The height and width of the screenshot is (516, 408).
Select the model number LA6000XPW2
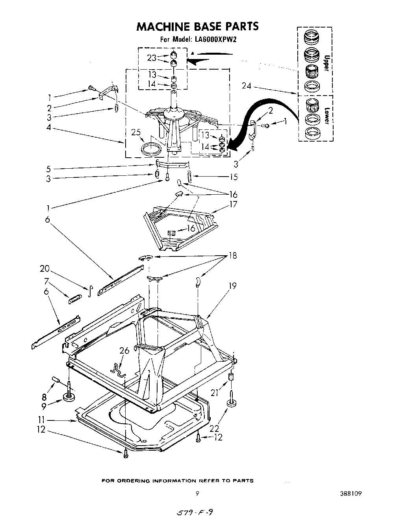[215, 39]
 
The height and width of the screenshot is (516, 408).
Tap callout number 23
[152, 58]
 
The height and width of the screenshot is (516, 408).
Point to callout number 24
[246, 86]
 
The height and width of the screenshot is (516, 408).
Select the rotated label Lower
[326, 116]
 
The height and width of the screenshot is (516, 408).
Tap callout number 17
[233, 204]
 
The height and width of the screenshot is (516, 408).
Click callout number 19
[232, 286]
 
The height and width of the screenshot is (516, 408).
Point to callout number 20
[45, 269]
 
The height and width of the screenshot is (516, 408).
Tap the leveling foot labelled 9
[69, 398]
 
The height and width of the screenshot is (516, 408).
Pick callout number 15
[234, 177]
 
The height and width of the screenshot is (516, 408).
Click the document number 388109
[349, 493]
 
